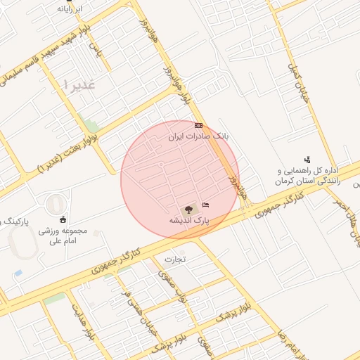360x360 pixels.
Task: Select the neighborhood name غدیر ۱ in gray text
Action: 79,84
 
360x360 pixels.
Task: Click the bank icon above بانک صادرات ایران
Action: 198,124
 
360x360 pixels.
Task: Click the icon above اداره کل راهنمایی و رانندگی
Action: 307,160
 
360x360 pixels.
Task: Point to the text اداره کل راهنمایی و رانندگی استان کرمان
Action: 308,176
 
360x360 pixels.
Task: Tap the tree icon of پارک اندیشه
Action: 188,209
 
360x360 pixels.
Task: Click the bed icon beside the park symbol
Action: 205,204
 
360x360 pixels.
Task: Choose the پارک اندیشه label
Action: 188,220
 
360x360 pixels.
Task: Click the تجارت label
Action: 174,259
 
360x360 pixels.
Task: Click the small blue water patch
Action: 18,273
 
